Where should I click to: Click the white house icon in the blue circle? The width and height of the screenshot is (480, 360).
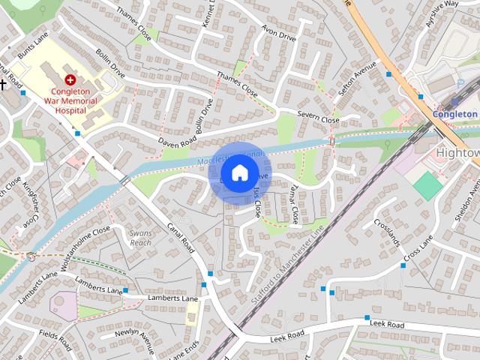[239, 172]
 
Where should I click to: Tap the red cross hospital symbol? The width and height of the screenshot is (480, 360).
[70, 79]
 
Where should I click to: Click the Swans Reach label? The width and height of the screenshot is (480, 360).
[140, 238]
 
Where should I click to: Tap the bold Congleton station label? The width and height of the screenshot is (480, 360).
[454, 114]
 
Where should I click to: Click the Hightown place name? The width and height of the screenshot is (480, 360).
[457, 153]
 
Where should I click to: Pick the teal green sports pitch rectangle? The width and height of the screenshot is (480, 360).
[428, 185]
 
